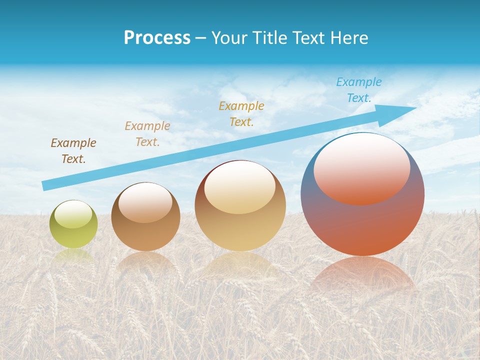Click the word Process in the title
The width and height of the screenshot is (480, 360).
pyautogui.click(x=157, y=38)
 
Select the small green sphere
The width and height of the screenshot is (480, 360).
pyautogui.click(x=73, y=235)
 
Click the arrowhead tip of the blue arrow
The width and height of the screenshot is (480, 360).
pyautogui.click(x=415, y=107)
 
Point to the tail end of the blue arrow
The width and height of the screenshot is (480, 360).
pyautogui.click(x=44, y=186)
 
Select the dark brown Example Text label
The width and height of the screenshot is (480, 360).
pyautogui.click(x=73, y=151)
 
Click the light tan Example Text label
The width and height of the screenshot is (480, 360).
pyautogui.click(x=147, y=133)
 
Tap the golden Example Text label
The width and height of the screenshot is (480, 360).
pyautogui.click(x=241, y=113)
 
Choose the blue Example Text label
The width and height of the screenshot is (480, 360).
pyautogui.click(x=359, y=90)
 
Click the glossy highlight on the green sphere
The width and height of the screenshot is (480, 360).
pyautogui.click(x=73, y=214)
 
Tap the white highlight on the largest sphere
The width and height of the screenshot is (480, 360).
pyautogui.click(x=362, y=167)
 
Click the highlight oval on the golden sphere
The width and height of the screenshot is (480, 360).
pyautogui.click(x=239, y=188)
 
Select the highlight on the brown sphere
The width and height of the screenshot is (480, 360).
pyautogui.click(x=145, y=202)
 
